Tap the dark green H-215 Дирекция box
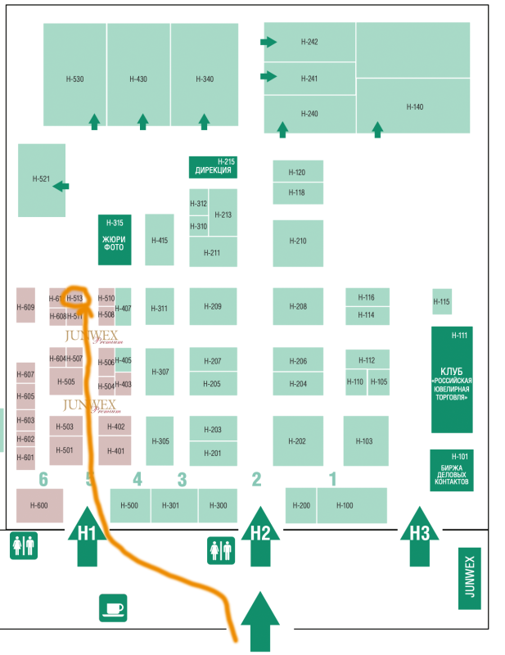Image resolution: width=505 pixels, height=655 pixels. [x=214, y=167]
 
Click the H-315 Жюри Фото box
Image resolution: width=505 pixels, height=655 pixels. [x=115, y=239]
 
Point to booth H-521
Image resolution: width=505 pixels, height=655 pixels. [x=41, y=179]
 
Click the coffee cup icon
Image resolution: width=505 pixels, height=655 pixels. [x=113, y=608]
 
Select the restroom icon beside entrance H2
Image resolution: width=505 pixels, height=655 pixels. [x=221, y=550]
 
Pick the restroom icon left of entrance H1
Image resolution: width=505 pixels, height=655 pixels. [x=23, y=545]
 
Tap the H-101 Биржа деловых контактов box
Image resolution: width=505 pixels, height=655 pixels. [x=451, y=470]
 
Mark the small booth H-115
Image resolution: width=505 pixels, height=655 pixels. [x=442, y=301]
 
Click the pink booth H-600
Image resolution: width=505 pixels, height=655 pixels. [x=39, y=505]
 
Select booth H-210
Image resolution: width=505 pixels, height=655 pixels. [x=298, y=242]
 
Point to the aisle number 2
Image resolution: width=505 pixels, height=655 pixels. [x=256, y=480]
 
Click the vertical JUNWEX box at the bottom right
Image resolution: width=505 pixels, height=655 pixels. [x=469, y=579]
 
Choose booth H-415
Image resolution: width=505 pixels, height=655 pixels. [x=160, y=240]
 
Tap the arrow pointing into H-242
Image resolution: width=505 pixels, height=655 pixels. [x=268, y=42]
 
